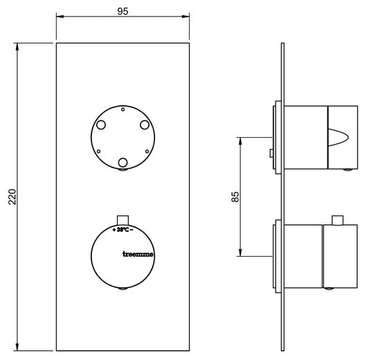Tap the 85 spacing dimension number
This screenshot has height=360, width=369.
point(235,196)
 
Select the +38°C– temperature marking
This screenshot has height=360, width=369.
point(122,228)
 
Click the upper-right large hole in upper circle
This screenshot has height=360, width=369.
point(144,125)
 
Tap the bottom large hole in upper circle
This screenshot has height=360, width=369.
point(123,163)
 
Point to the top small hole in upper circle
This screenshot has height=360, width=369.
point(123,109)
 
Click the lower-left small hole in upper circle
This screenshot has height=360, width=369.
point(99,151)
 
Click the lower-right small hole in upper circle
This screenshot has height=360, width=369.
point(146,151)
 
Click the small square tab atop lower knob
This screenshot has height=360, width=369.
point(123,217)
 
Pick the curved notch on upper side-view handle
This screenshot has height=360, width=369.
point(343,138)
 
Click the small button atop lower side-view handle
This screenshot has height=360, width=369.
point(338,221)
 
